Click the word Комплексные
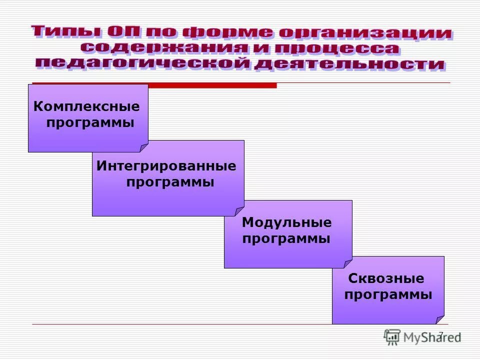86,106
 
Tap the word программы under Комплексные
90,123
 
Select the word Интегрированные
166,166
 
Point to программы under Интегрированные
170,182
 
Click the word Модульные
286,222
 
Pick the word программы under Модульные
286,239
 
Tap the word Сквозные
386,278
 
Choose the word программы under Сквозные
388,295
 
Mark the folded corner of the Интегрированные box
240,211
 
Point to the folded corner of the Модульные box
348,263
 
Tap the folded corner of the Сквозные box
440,320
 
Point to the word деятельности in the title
349,64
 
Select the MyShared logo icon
392,336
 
